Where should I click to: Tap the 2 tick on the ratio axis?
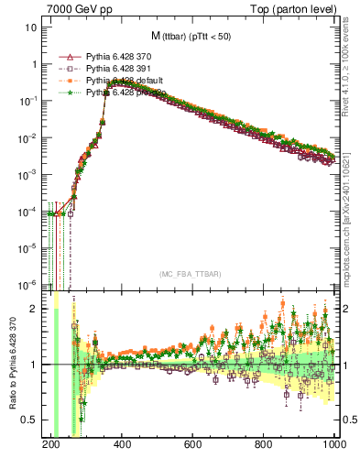(35, 309)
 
